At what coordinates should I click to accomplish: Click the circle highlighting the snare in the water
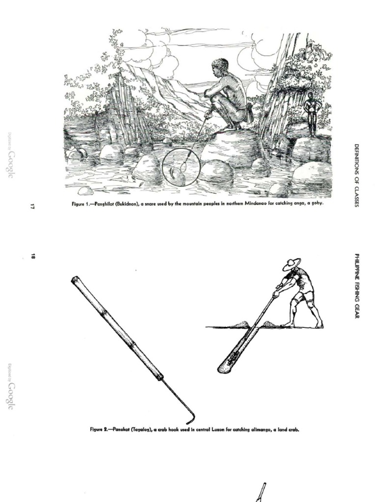click(x=181, y=167)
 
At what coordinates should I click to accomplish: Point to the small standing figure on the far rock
click(x=311, y=113)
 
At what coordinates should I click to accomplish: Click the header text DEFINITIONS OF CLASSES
click(x=357, y=175)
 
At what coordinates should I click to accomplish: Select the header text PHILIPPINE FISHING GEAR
click(x=357, y=286)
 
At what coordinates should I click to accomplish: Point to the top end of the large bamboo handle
click(x=75, y=280)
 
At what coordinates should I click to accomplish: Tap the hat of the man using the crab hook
click(x=291, y=264)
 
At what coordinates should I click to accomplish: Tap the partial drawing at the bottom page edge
click(x=261, y=493)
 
